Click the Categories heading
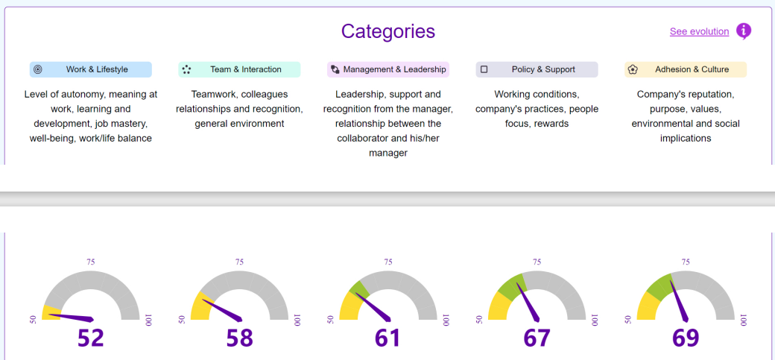pos(387,31)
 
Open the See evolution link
pos(699,31)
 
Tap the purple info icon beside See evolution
pos(743,31)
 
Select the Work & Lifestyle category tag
pos(91,69)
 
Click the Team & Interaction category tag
pos(239,69)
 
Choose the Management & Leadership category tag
pos(387,69)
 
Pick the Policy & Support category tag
pos(537,69)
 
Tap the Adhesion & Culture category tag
pos(686,69)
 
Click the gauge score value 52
pos(91,338)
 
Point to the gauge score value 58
pos(239,338)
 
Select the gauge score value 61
pos(387,338)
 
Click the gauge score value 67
pos(537,338)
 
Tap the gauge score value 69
pos(686,338)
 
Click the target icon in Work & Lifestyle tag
pos(38,69)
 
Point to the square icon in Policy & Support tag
pos(484,69)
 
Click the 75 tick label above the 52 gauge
pos(91,262)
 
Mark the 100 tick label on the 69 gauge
pos(743,319)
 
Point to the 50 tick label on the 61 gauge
pos(330,319)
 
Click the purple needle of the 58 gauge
pos(223,309)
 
